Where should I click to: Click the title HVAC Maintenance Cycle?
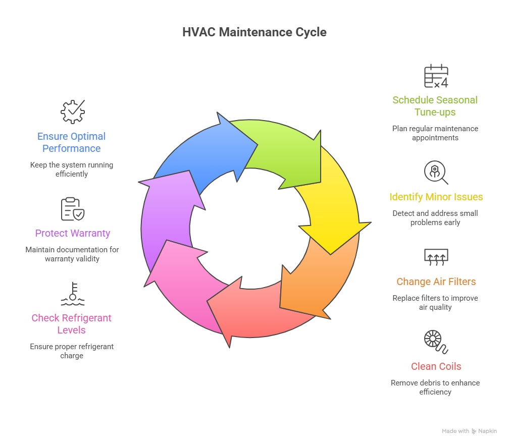click(x=254, y=32)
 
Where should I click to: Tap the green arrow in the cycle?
click(x=283, y=151)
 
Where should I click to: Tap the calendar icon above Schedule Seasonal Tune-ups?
click(x=436, y=76)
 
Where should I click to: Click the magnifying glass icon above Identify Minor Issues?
click(x=436, y=173)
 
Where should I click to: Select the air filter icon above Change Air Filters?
click(x=436, y=257)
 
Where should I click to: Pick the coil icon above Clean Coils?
click(x=436, y=342)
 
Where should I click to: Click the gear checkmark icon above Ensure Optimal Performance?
click(x=73, y=112)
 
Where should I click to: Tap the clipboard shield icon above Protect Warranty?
click(x=73, y=209)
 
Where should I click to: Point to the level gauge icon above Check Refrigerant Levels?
click(x=73, y=294)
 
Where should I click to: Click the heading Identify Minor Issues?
click(x=436, y=197)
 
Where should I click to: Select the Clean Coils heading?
click(x=436, y=366)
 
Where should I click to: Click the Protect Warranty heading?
click(x=73, y=233)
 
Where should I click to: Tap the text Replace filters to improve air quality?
click(x=435, y=302)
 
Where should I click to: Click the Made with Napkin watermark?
click(x=469, y=431)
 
